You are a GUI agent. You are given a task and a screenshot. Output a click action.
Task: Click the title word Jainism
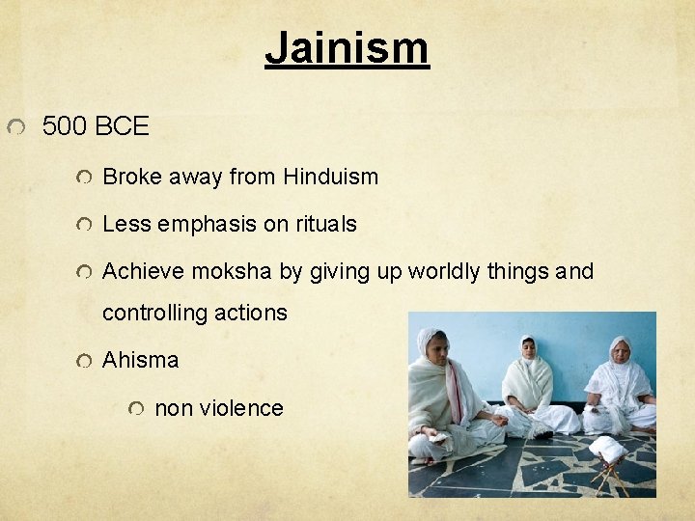pos(347,47)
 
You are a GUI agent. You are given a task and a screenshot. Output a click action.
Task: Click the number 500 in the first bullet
pos(66,126)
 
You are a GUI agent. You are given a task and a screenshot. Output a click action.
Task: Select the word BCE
pos(123,126)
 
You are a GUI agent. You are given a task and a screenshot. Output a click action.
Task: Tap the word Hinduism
pos(330,177)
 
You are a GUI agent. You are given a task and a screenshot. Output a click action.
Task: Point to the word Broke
pos(132,177)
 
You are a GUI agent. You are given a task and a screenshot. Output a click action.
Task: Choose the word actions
pos(257,313)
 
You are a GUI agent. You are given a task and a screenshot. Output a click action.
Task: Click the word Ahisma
pos(141,360)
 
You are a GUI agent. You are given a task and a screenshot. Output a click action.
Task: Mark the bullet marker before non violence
pos(138,409)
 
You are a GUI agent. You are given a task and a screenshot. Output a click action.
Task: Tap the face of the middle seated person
pos(528,349)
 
